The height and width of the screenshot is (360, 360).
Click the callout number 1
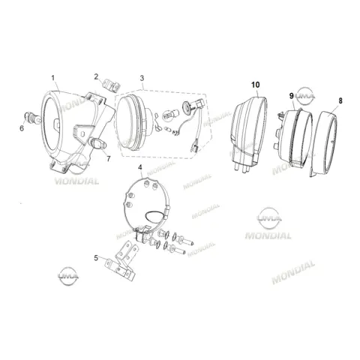52,78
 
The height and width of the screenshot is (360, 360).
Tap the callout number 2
96,76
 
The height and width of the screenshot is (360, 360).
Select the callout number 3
142,78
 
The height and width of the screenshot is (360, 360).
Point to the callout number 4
140,167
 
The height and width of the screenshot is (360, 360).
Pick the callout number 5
96,258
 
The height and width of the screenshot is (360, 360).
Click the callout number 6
22,128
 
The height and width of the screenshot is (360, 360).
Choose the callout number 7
109,159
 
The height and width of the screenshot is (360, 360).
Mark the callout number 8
340,100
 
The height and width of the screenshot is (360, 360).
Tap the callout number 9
292,96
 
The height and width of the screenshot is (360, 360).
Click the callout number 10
256,85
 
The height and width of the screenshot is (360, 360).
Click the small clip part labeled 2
112,85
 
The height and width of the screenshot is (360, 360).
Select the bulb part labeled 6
32,118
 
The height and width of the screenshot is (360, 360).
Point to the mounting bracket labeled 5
122,261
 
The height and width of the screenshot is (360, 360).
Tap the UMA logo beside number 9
305,96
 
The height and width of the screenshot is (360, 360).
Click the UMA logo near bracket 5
68,276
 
